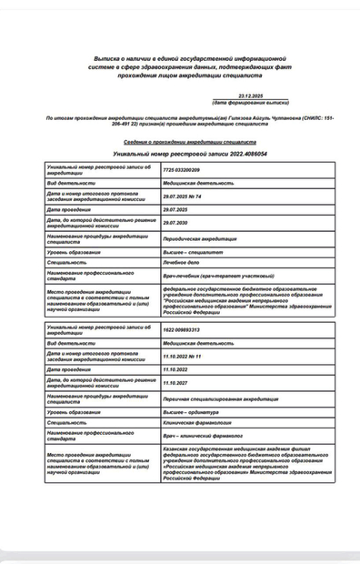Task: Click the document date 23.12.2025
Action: point(250,96)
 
